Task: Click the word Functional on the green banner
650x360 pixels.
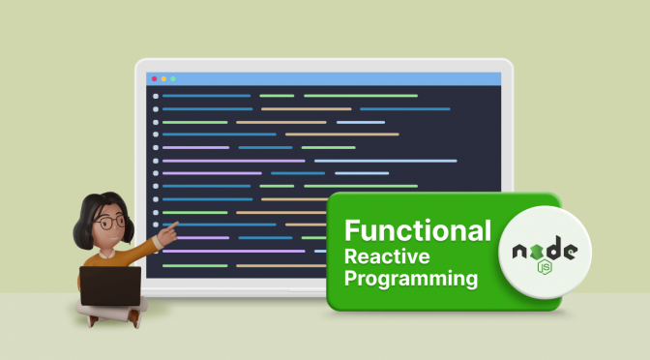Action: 418,231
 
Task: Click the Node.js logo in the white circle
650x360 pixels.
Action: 544,255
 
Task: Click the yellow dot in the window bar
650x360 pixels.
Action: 163,77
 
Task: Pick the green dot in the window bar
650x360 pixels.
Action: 173,77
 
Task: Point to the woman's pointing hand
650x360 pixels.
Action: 171,229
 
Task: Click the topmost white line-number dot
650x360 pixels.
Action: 155,96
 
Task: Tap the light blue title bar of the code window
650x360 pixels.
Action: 329,77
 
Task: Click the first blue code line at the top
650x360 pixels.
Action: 206,96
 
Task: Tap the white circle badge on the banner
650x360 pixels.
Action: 544,255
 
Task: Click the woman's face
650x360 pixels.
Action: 110,225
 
